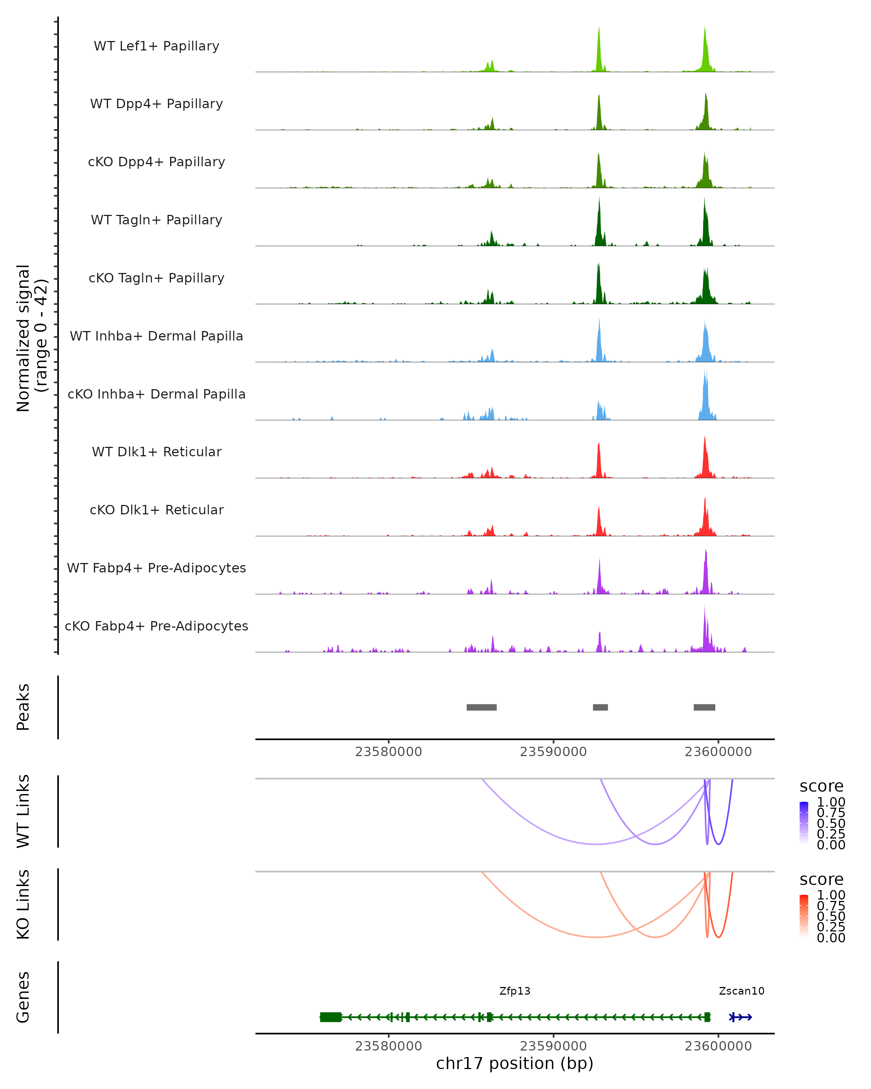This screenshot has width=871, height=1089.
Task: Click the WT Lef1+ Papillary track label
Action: point(156,46)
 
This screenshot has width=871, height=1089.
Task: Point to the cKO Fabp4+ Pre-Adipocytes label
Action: point(156,626)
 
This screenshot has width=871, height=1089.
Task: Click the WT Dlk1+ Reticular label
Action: point(156,452)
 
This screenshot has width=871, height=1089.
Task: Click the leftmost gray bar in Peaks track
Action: point(481,707)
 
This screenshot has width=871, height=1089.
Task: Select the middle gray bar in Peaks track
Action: point(600,707)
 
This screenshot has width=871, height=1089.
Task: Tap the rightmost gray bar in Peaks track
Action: point(704,707)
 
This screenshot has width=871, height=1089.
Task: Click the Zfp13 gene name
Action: point(515,991)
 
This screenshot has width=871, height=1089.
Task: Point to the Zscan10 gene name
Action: point(741,991)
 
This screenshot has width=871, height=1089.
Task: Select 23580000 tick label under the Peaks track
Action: point(388,752)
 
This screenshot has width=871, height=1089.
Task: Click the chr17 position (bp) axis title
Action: point(515,1064)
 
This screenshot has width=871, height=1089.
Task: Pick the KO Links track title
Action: point(23,904)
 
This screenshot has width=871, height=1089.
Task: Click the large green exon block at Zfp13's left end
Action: point(331,1017)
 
